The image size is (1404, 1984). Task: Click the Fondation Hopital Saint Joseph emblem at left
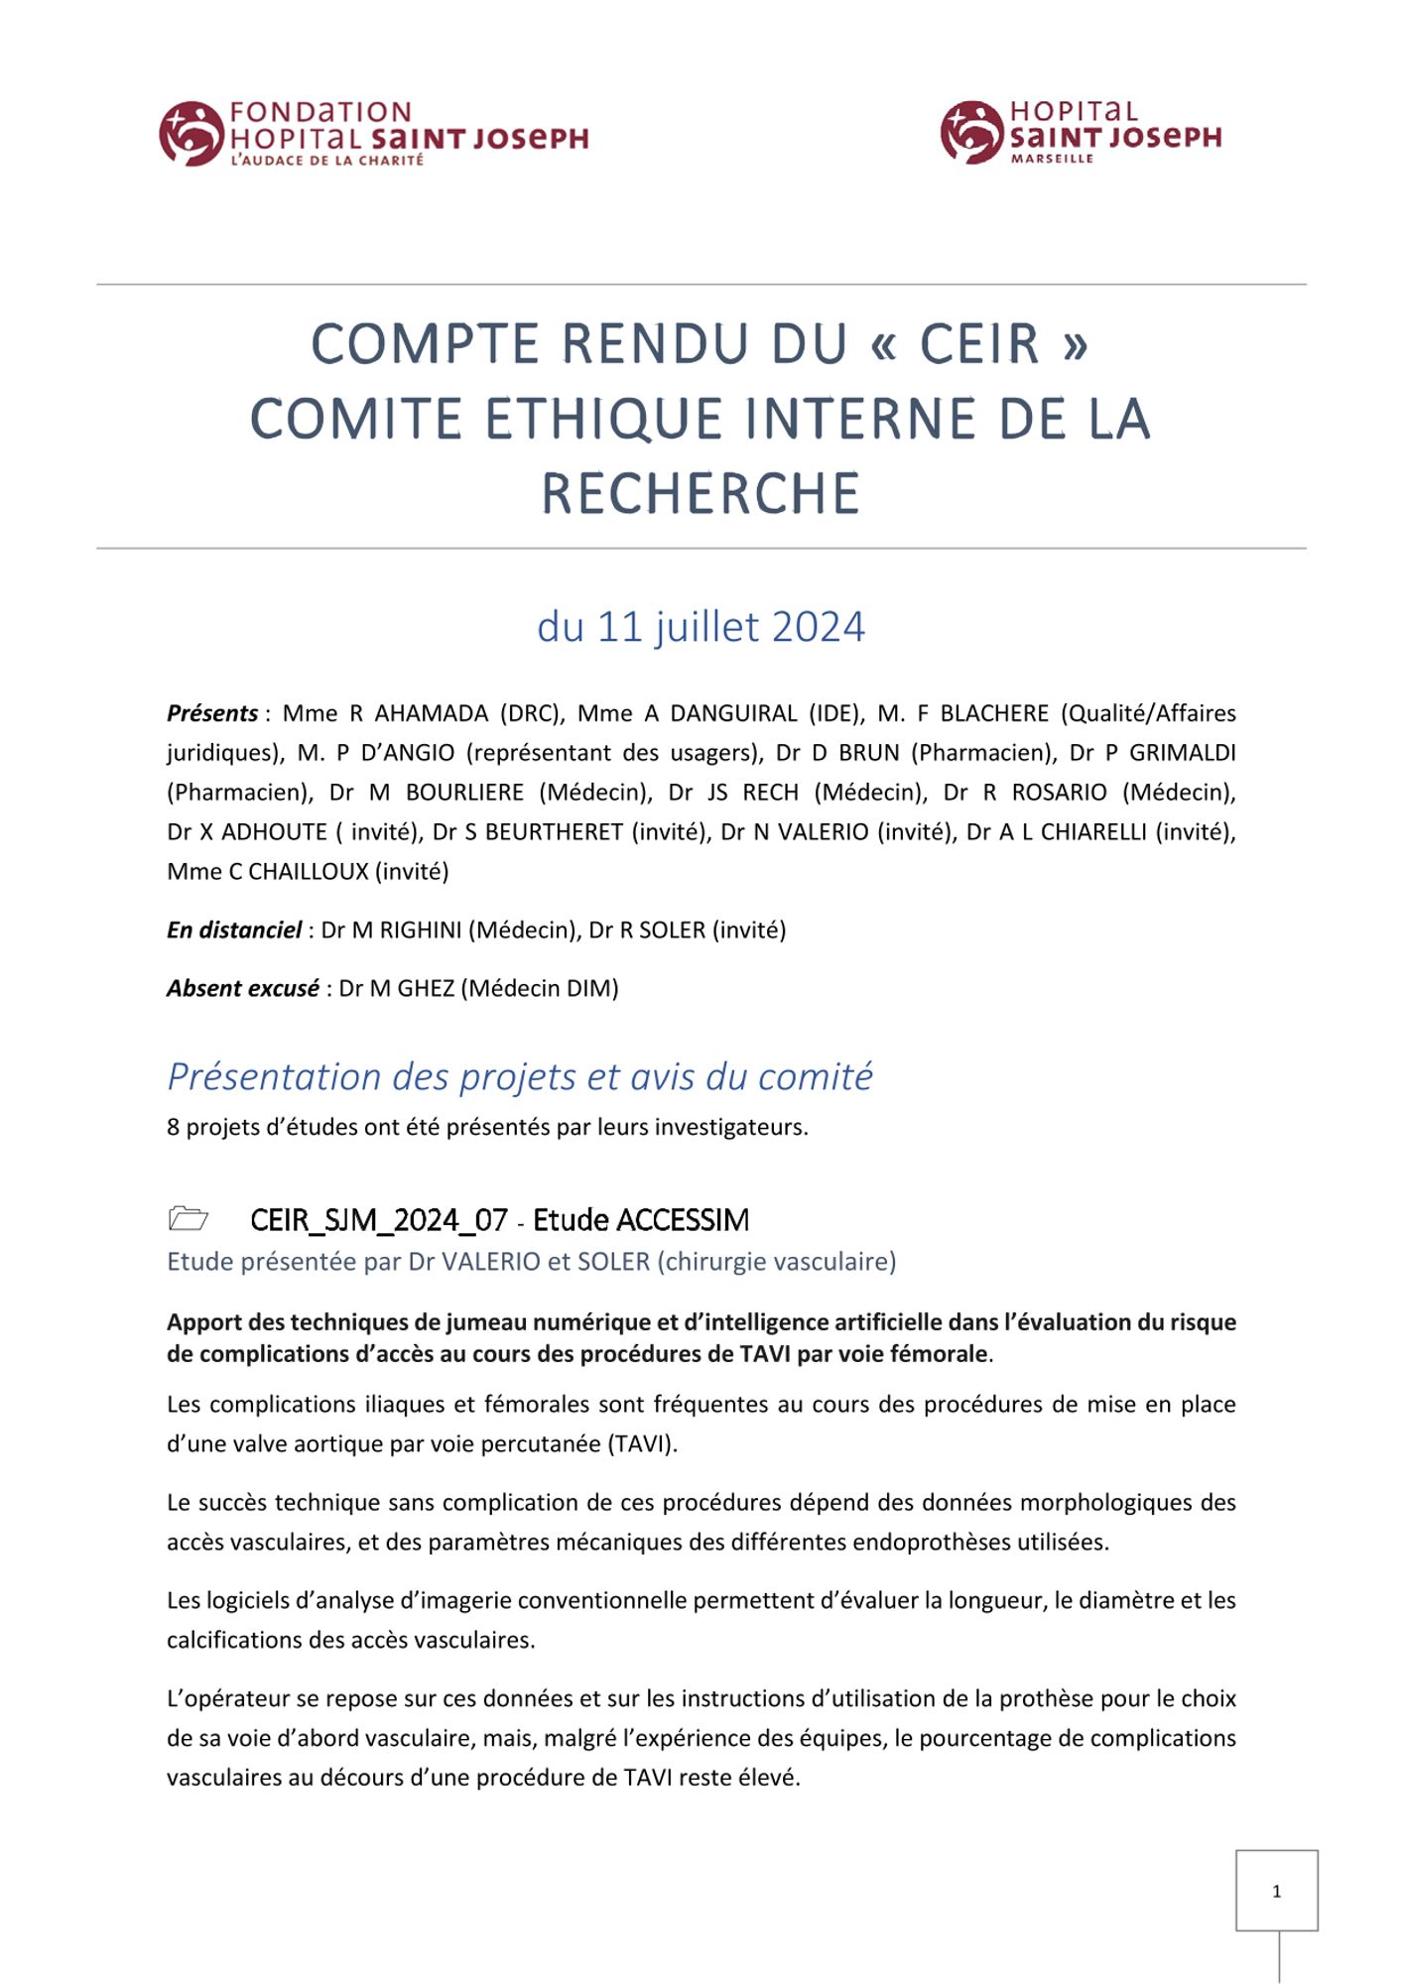click(x=191, y=133)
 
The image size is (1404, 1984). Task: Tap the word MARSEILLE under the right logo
click(x=1052, y=159)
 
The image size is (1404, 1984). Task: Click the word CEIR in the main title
click(x=979, y=344)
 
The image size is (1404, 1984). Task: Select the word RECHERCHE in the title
click(x=701, y=494)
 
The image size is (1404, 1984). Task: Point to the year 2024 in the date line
click(x=818, y=627)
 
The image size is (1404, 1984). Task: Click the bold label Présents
click(x=212, y=713)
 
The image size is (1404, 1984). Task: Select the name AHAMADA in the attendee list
click(x=432, y=713)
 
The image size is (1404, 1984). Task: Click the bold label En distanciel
click(x=234, y=930)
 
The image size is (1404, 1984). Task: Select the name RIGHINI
click(x=421, y=930)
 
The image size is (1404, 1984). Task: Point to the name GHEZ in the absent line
click(x=426, y=988)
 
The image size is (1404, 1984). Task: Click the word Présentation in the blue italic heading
click(x=275, y=1076)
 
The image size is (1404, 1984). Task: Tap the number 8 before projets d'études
click(x=173, y=1127)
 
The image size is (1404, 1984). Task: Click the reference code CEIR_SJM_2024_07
click(x=379, y=1219)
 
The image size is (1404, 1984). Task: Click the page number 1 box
click(x=1276, y=1891)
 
